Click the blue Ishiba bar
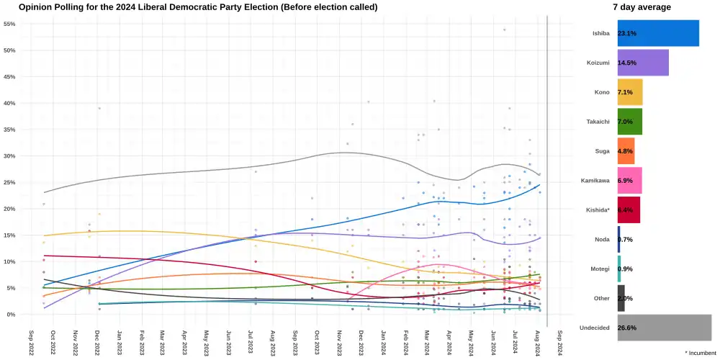coord(658,33)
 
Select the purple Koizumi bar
coord(643,63)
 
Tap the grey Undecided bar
coord(664,328)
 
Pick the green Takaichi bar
coord(630,122)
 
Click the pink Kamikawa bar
coord(629,181)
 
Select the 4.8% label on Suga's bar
coord(625,151)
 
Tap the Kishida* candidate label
coord(595,210)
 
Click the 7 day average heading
coord(642,7)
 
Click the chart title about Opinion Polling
coord(198,7)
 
